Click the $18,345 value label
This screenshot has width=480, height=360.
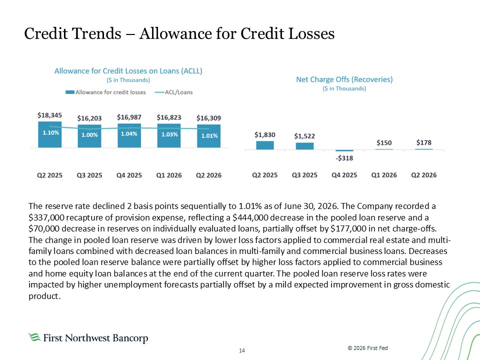pos(49,115)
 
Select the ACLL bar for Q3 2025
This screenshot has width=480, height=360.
pos(89,136)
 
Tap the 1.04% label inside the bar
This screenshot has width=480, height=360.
pos(129,134)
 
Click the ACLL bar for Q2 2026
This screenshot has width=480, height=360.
pos(209,136)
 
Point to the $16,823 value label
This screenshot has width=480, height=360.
pos(169,117)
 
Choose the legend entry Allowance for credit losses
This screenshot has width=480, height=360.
pos(105,92)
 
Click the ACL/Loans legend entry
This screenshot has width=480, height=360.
pos(174,92)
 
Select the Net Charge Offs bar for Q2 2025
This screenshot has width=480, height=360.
pos(265,145)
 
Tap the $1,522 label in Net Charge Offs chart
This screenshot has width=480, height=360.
pos(304,136)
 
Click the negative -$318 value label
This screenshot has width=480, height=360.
pos(344,158)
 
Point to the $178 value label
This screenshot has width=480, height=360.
pos(424,142)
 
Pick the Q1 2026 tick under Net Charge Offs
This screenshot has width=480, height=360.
pos(384,175)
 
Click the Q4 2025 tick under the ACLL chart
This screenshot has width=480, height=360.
pos(129,175)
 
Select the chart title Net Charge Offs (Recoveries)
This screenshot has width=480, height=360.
pos(344,79)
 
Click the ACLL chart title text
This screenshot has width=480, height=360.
pos(128,71)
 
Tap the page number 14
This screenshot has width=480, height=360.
pos(242,350)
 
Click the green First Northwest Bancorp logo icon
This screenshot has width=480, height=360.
pos(34,337)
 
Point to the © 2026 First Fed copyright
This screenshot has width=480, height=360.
pos(367,348)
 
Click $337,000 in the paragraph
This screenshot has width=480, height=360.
pos(46,217)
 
